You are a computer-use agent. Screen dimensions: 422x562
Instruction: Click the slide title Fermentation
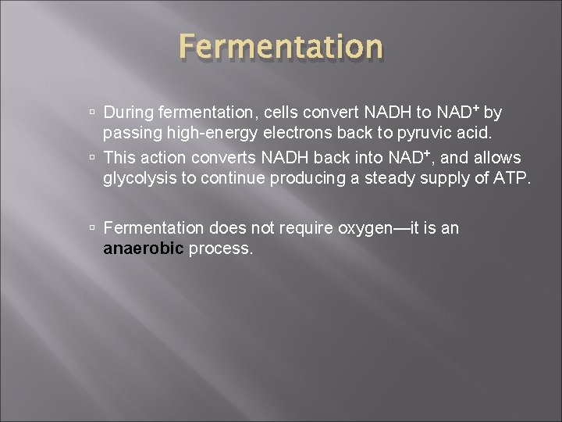[280, 47]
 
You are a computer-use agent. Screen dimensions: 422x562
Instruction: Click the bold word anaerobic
[144, 249]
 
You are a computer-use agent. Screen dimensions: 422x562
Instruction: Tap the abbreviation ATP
[510, 178]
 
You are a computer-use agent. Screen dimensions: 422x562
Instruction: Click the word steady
[392, 178]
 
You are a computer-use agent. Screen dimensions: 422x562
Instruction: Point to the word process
[221, 249]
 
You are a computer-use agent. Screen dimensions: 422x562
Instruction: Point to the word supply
[453, 179]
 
